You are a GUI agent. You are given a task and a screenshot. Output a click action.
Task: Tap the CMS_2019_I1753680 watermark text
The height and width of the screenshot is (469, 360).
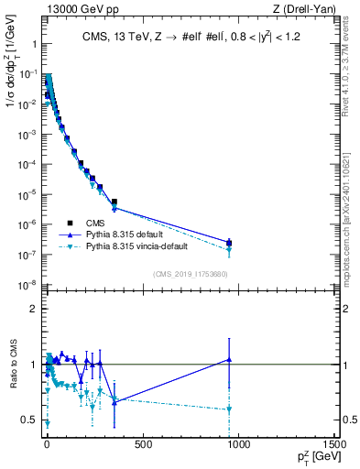pos(191,274)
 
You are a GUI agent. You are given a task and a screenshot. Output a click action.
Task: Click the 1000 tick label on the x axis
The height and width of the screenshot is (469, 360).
pos(238,446)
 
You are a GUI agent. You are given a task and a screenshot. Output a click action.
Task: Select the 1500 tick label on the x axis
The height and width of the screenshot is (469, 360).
pos(334,446)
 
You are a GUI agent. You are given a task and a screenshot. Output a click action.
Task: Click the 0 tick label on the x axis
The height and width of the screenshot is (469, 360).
pos(47,446)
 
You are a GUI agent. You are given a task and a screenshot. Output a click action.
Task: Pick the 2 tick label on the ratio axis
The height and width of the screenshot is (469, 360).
pos(32,309)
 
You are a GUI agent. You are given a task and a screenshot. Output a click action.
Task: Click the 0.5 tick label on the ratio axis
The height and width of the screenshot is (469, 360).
pos(29,420)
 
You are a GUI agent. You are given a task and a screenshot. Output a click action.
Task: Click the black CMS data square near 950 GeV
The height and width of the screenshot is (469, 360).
pos(229,243)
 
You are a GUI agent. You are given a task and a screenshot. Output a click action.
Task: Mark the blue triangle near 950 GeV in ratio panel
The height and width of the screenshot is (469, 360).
pos(229,360)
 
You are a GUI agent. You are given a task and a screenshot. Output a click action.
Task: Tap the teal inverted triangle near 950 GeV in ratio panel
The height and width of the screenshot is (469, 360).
pos(229,409)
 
